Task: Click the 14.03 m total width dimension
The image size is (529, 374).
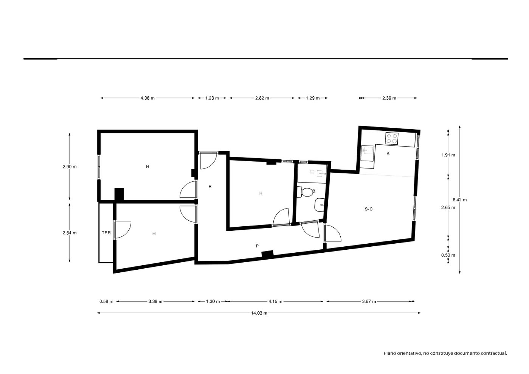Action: coord(259,313)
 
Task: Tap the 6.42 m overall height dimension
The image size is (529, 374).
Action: coord(459,199)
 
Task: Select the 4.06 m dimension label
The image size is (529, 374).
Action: coord(147,98)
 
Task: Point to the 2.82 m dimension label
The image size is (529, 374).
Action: coord(262,98)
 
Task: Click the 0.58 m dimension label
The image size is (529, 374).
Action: coord(106,301)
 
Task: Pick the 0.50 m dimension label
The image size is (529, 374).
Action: coord(448,255)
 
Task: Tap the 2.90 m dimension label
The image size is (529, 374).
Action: coord(70,167)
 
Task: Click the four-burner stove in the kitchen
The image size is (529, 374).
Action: coord(392,139)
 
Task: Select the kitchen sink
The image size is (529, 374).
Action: coord(368,153)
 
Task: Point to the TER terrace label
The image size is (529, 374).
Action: coord(106,233)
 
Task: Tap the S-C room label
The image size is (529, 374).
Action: coord(369,209)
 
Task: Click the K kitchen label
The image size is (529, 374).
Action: coord(388,153)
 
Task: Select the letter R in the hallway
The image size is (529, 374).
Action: coord(210,187)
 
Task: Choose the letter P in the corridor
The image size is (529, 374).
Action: coord(257,246)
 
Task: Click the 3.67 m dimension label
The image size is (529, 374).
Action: coord(369,301)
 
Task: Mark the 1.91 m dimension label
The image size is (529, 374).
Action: coord(448,155)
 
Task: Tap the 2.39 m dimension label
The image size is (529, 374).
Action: coord(389,98)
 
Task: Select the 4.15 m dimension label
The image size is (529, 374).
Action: coord(275,301)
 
